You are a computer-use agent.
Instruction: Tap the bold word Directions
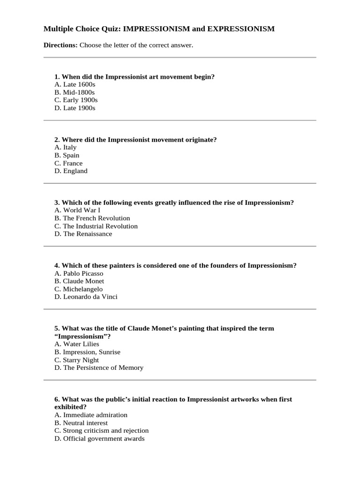[60, 45]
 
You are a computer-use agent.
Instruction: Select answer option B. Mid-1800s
[75, 92]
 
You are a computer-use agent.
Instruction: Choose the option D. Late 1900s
[75, 108]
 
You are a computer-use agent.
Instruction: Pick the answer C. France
[68, 163]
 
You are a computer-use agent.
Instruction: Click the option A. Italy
[66, 147]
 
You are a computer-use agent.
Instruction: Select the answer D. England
[71, 171]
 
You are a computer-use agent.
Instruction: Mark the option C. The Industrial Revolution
[96, 226]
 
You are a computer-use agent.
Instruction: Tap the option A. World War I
[77, 210]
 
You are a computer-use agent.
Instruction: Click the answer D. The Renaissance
[83, 234]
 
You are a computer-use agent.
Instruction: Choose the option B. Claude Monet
[79, 281]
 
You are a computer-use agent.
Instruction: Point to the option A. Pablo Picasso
[79, 273]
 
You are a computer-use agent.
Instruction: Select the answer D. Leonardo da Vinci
[86, 297]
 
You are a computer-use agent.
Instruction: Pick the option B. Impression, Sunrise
[87, 352]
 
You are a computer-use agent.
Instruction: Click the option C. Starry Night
[76, 360]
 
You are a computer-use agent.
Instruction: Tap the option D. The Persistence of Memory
[99, 367]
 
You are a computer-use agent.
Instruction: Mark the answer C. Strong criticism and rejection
[101, 430]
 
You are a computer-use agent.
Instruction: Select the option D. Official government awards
[99, 438]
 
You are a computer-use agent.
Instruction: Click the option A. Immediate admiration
[91, 415]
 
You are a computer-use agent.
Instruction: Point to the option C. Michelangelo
[78, 289]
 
